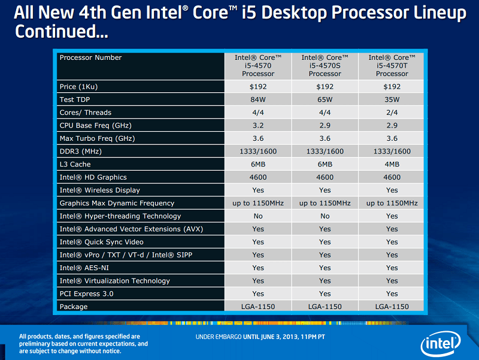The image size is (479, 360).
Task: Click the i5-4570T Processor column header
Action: click(x=392, y=66)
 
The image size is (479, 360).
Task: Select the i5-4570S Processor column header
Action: click(x=325, y=66)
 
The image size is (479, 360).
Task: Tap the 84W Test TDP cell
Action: click(x=257, y=99)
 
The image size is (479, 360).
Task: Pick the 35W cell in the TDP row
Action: click(x=392, y=99)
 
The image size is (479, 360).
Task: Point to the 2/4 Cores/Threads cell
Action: click(x=392, y=113)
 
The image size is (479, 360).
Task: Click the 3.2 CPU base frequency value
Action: click(x=257, y=126)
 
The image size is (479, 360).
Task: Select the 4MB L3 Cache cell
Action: click(x=392, y=164)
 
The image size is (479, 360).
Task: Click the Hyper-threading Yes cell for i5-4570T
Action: click(x=392, y=216)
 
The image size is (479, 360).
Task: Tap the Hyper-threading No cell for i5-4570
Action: click(x=257, y=216)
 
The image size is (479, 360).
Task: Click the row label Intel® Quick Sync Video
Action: click(x=101, y=242)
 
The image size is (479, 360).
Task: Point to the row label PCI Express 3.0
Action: click(x=86, y=294)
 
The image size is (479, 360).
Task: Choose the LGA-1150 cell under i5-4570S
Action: click(x=325, y=307)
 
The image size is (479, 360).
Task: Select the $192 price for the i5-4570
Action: click(x=257, y=87)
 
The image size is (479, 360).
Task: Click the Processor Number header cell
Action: click(x=90, y=58)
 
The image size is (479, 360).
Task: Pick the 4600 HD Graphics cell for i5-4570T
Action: click(x=392, y=177)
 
